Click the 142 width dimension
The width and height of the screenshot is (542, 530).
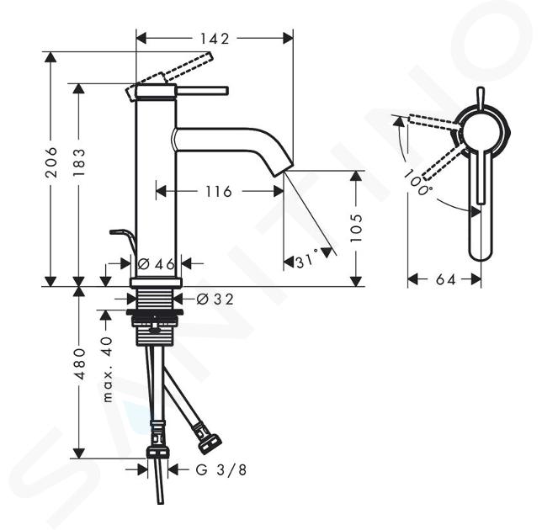pos(215,39)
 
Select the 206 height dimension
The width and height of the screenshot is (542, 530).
pos(51,162)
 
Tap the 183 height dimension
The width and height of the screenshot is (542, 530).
pos(79,162)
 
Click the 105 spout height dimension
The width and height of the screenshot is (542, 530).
pos(356,228)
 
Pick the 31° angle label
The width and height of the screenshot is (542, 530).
pos(307,260)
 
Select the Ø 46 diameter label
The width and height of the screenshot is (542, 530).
pos(157,264)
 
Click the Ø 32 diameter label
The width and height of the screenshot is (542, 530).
pos(215,299)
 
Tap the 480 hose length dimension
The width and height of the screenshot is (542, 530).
pos(79,363)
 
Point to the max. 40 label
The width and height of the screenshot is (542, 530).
pos(108,369)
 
